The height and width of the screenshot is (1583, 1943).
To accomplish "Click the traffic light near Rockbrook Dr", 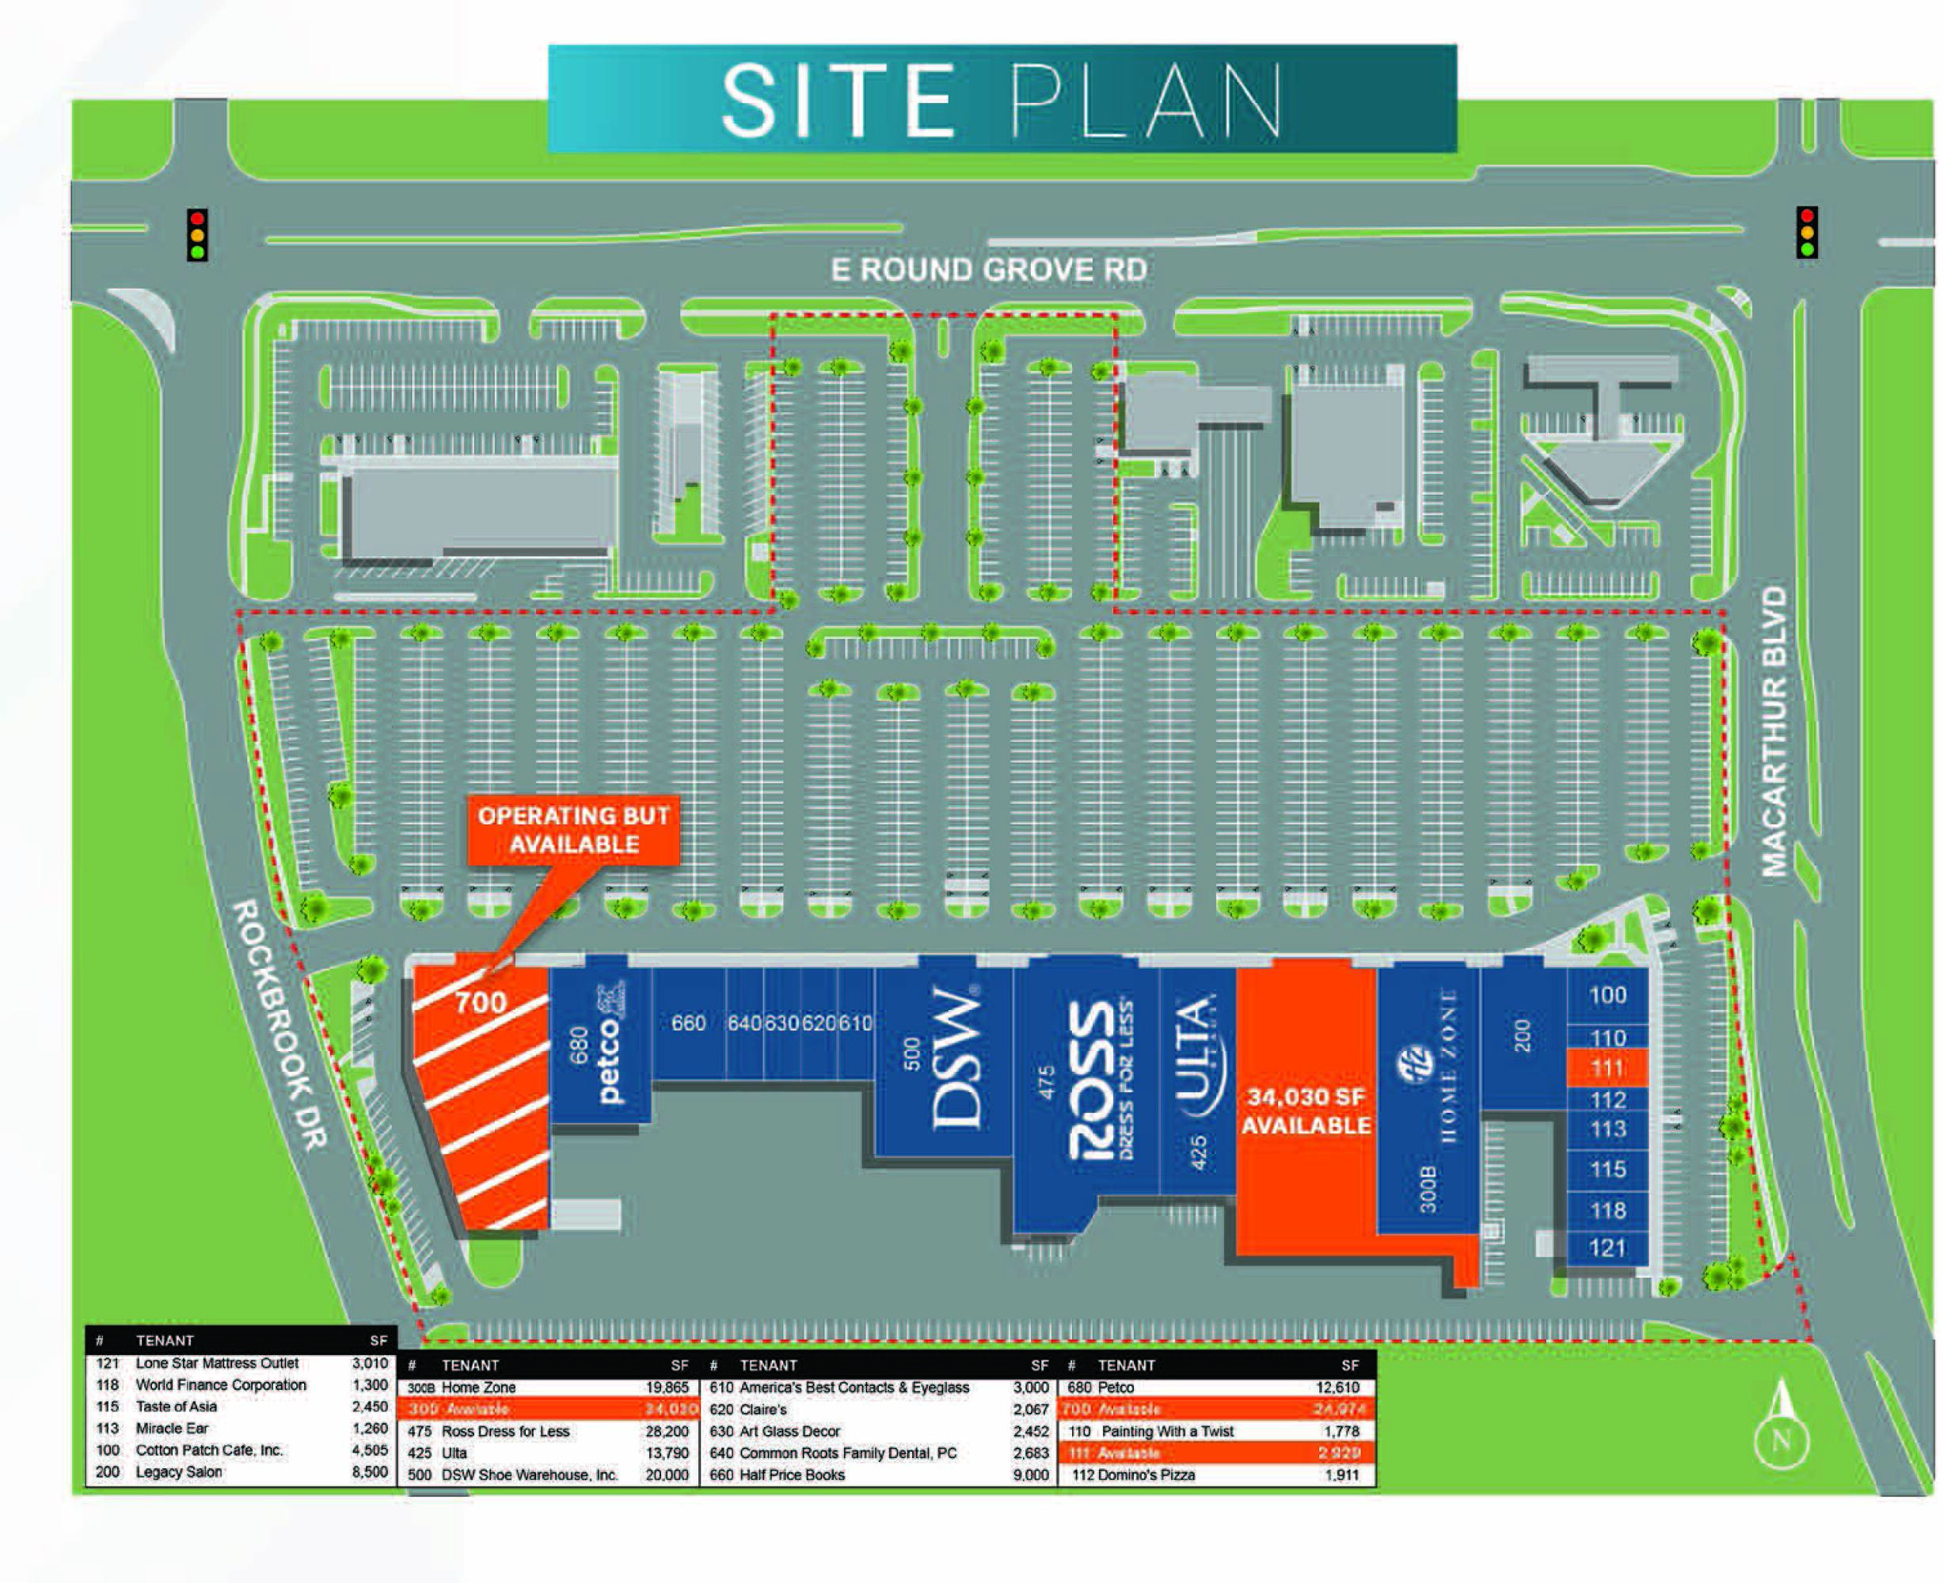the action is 197,235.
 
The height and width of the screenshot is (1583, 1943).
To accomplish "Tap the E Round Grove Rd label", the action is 989,270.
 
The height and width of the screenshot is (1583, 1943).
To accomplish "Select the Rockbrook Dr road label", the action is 281,1025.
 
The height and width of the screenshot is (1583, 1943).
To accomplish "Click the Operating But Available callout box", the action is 574,829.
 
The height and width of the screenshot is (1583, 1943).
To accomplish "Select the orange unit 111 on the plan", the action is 1607,1068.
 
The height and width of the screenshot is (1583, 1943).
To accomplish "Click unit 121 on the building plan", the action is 1607,1247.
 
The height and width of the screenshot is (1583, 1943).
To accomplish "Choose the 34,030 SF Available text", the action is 1306,1110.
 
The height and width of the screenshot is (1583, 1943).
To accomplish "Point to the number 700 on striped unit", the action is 481,1003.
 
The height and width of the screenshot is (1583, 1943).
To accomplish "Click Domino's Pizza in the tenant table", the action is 1146,1475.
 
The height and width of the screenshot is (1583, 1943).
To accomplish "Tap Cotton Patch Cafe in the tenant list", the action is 209,1450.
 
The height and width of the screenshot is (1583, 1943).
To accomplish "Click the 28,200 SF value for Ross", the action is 667,1432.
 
